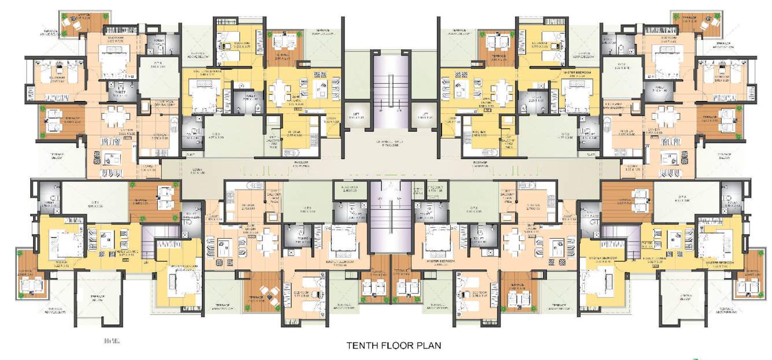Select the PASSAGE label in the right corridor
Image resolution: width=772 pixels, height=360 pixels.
[x=481, y=164]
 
